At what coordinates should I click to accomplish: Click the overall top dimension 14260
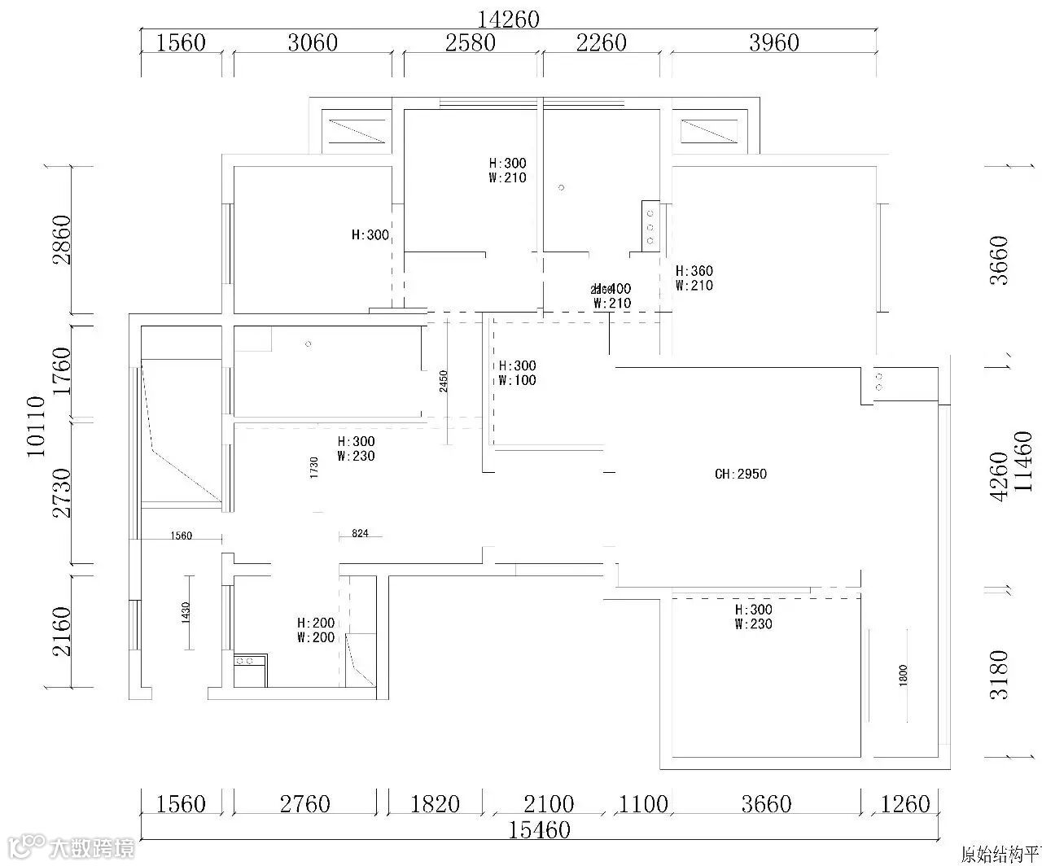click(x=509, y=19)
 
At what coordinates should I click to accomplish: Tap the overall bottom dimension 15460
click(x=539, y=829)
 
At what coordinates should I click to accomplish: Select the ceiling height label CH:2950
click(x=740, y=474)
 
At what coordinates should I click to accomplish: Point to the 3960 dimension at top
click(x=773, y=42)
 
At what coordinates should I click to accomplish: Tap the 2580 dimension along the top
click(x=471, y=42)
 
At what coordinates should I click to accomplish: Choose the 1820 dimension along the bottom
click(x=435, y=804)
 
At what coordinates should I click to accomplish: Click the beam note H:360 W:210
click(x=694, y=278)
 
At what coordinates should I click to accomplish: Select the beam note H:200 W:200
click(x=316, y=630)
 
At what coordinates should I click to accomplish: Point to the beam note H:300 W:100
click(x=518, y=373)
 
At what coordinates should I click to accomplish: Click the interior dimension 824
click(x=361, y=534)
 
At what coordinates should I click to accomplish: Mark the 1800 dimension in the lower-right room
click(x=903, y=675)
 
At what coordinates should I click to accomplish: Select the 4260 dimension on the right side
click(x=999, y=475)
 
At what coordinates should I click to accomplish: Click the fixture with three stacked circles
click(x=650, y=227)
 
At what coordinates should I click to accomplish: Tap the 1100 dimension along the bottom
click(x=643, y=804)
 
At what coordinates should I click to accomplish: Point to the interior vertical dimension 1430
click(x=186, y=612)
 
